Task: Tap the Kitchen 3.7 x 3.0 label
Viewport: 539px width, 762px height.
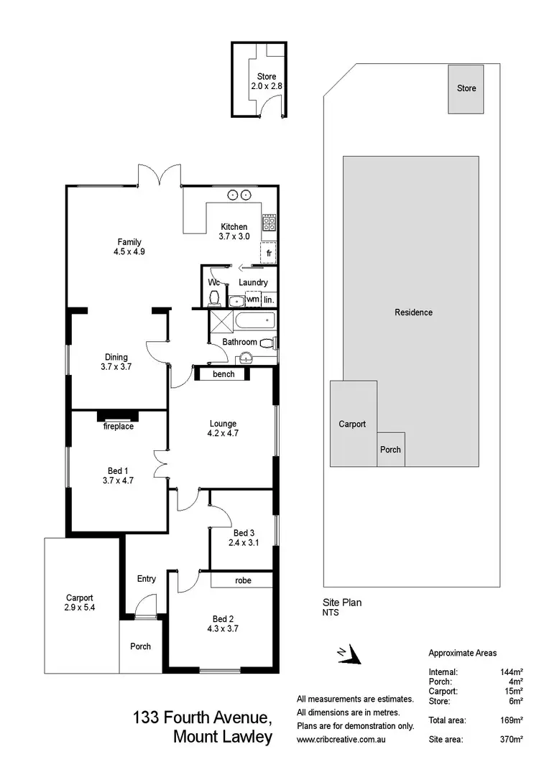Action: [234, 231]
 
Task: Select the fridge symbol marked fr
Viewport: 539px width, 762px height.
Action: [269, 254]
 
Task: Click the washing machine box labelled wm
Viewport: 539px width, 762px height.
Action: [253, 299]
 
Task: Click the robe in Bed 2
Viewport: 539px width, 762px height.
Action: [243, 580]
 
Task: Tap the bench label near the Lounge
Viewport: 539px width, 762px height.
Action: [224, 374]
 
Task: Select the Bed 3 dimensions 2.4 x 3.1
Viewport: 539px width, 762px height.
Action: [242, 543]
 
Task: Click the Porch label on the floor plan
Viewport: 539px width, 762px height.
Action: [141, 646]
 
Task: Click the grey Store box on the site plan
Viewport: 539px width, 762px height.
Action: [466, 89]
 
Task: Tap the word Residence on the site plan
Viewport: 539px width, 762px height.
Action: [413, 312]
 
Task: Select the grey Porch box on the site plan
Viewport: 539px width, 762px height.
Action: [391, 450]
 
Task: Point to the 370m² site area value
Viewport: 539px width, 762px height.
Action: [512, 739]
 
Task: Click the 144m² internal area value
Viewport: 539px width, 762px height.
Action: [511, 672]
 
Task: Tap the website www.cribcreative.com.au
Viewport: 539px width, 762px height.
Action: [344, 739]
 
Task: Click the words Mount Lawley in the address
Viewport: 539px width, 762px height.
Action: [223, 737]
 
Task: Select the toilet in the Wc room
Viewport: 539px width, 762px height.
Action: [214, 297]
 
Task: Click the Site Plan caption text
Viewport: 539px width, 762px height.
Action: [342, 603]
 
